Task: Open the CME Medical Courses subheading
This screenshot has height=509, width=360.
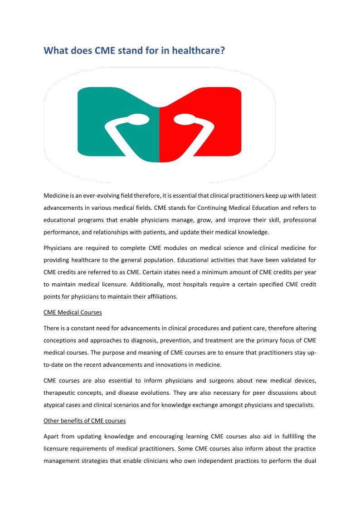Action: click(73, 312)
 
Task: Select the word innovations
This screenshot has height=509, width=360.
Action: click(170, 364)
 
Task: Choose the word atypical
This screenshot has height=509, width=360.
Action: click(54, 405)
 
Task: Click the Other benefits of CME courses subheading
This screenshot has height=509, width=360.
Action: click(84, 421)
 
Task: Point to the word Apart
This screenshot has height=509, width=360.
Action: click(51, 436)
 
